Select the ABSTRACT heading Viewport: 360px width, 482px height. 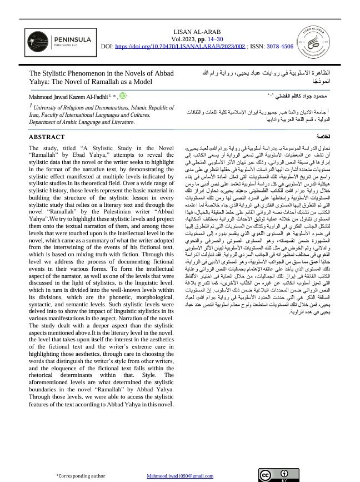point(47,137)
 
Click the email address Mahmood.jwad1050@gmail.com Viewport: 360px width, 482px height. point(179,476)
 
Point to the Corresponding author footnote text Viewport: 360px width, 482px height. point(81,476)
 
